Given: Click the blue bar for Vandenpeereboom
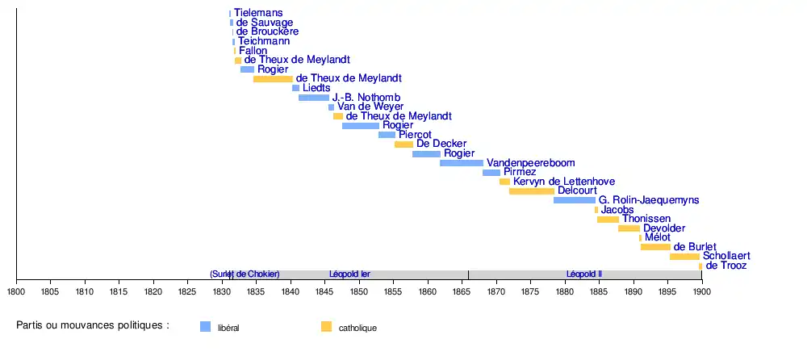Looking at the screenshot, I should click(462, 163).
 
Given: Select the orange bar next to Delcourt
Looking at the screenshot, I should click(532, 191).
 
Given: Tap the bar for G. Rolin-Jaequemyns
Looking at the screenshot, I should click(575, 200).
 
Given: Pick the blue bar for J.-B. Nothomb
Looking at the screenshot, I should click(314, 98).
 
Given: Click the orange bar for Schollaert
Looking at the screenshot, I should click(684, 257).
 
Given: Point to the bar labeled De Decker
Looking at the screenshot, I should click(403, 144).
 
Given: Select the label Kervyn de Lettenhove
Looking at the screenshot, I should click(565, 182).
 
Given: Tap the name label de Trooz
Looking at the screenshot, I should click(726, 266).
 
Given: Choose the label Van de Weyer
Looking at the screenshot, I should click(369, 107).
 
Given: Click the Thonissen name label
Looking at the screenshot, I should click(648, 220).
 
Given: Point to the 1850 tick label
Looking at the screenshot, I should click(359, 291).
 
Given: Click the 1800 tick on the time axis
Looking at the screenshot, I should click(17, 291).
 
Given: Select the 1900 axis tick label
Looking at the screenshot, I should click(701, 291).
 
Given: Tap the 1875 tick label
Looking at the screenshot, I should click(530, 291).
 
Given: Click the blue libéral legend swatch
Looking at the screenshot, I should click(205, 327).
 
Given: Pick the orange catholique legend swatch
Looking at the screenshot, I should click(326, 327).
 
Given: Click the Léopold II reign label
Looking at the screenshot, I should click(584, 274).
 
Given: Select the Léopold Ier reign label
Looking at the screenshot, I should click(350, 274).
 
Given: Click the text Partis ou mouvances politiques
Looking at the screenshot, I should click(93, 325).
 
